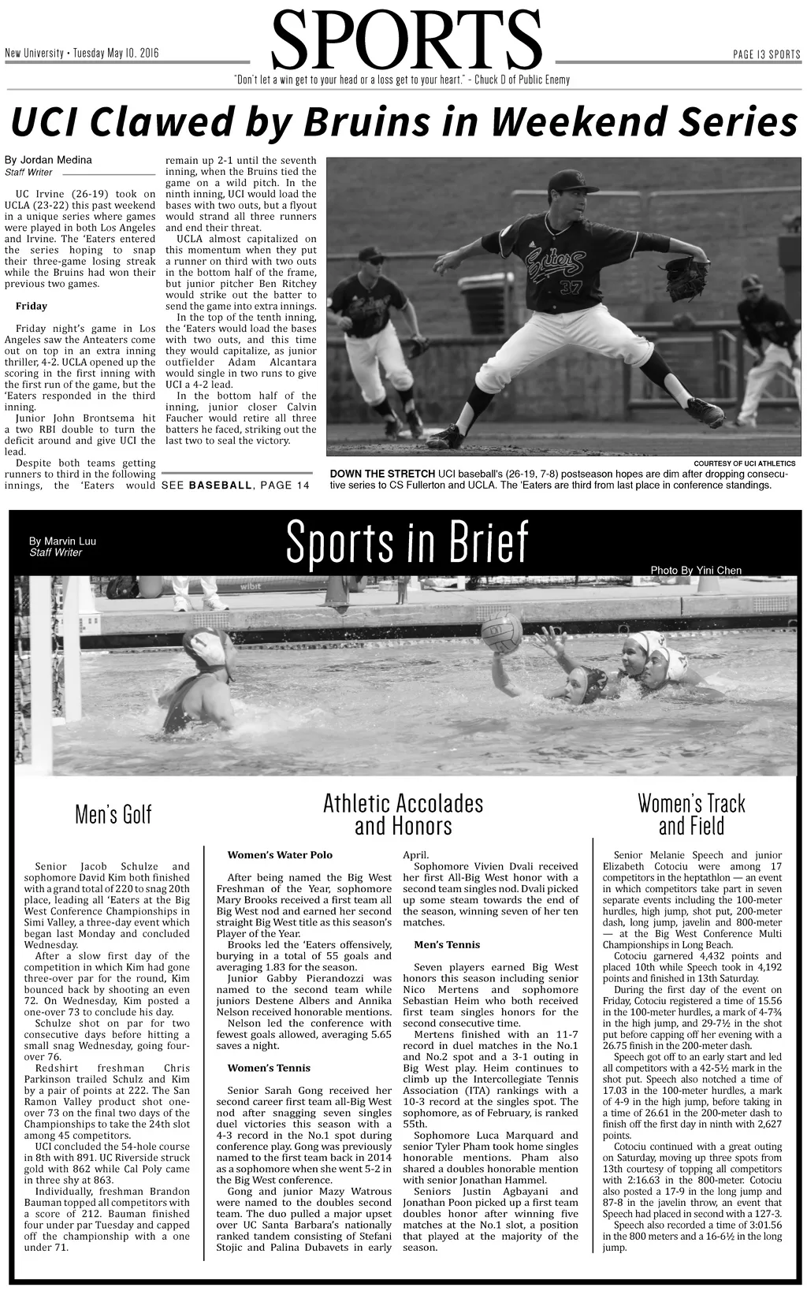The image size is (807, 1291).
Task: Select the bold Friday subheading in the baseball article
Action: pyautogui.click(x=32, y=306)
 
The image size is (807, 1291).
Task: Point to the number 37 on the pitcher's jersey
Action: pyautogui.click(x=570, y=286)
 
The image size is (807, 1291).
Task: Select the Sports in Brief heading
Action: pyautogui.click(x=407, y=542)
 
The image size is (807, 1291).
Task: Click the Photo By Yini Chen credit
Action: pyautogui.click(x=695, y=571)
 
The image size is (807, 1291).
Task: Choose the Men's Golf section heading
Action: pyautogui.click(x=113, y=814)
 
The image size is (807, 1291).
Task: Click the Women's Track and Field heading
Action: pyautogui.click(x=691, y=815)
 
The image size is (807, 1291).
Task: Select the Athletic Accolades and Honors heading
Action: pyautogui.click(x=403, y=815)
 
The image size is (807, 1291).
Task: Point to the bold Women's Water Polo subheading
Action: pyautogui.click(x=280, y=854)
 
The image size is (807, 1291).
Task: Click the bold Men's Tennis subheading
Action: pyautogui.click(x=446, y=944)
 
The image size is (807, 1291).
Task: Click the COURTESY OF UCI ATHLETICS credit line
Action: pyautogui.click(x=744, y=463)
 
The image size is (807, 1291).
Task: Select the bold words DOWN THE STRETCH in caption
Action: pyautogui.click(x=382, y=474)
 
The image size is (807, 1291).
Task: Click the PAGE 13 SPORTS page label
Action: pyautogui.click(x=766, y=54)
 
